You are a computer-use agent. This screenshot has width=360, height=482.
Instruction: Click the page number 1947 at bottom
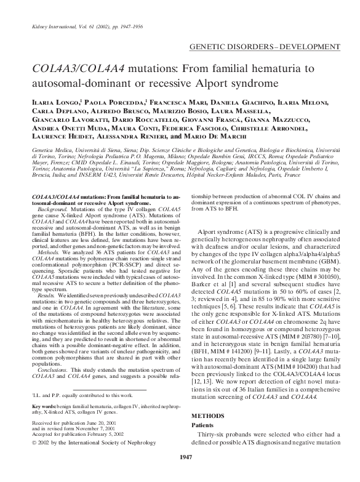point(180,473)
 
